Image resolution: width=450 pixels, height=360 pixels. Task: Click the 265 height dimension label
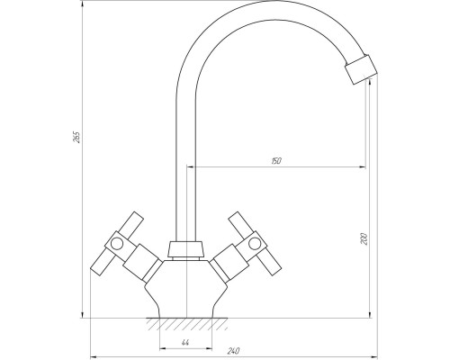coord(77,137)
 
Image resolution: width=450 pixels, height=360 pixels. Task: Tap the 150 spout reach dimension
coord(276,161)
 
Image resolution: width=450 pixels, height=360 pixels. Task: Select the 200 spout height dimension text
coord(364,238)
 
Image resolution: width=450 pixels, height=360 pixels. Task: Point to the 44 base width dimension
coord(185,343)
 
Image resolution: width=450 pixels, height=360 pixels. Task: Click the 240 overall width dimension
coord(233,351)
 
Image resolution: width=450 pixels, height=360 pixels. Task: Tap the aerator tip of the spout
coord(361,69)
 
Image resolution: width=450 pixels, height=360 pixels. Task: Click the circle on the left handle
coord(116,243)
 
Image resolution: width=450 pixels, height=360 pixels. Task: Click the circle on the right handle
coord(255,243)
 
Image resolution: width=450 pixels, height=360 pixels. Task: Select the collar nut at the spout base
coord(186,249)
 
